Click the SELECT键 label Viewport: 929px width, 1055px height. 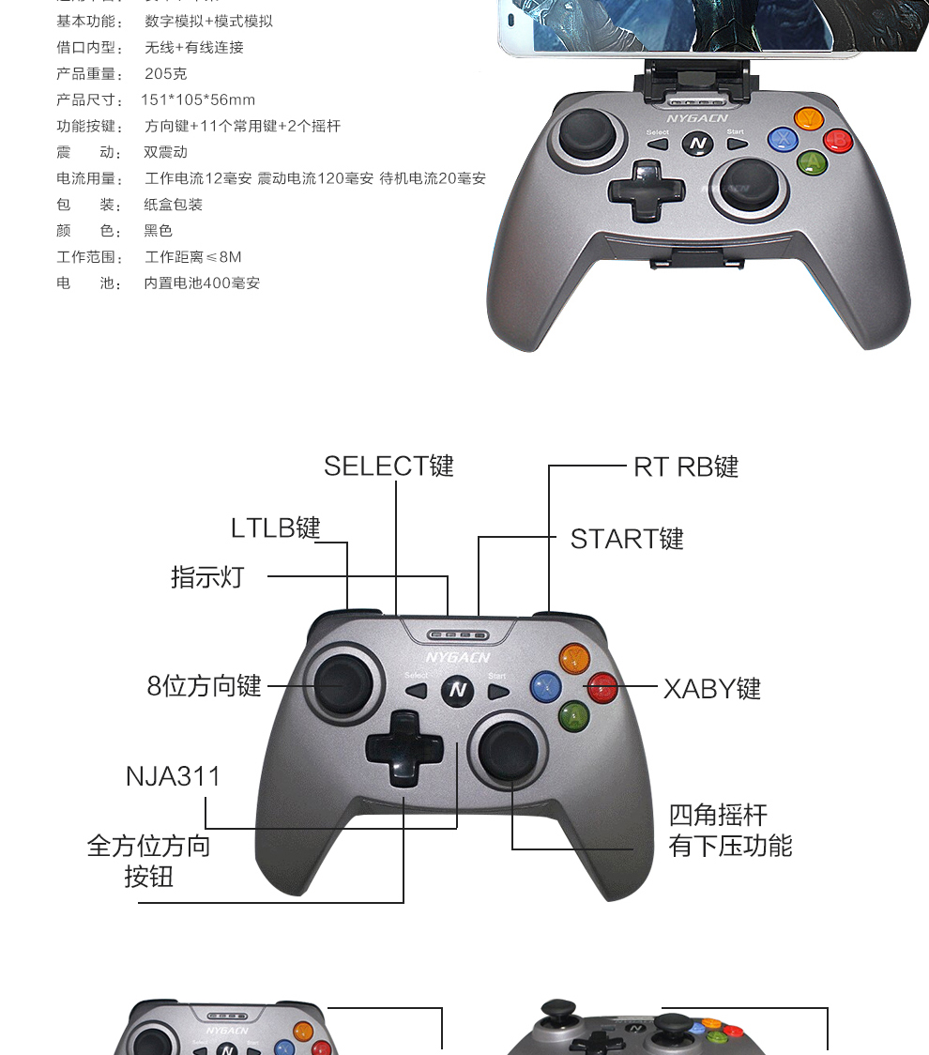[x=388, y=466]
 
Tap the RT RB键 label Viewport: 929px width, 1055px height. [x=686, y=466]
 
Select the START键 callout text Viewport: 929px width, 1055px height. [x=627, y=539]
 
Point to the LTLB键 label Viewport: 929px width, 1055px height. [x=276, y=527]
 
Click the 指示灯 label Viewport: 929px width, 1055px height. [x=207, y=576]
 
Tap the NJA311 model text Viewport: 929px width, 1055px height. [x=174, y=776]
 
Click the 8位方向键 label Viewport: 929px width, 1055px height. [x=204, y=686]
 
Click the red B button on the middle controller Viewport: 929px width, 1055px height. [x=602, y=688]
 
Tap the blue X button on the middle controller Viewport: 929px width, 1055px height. [x=546, y=686]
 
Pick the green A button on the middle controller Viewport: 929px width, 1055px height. [x=573, y=717]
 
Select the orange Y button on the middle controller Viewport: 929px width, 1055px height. [x=572, y=658]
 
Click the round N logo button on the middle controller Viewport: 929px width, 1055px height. [x=458, y=690]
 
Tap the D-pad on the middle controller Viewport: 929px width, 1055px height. [x=404, y=749]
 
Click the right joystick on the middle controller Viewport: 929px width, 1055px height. [x=510, y=751]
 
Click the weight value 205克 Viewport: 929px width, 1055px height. [x=165, y=73]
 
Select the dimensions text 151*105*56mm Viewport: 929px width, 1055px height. [x=198, y=99]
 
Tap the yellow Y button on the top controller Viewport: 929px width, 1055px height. [x=808, y=119]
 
